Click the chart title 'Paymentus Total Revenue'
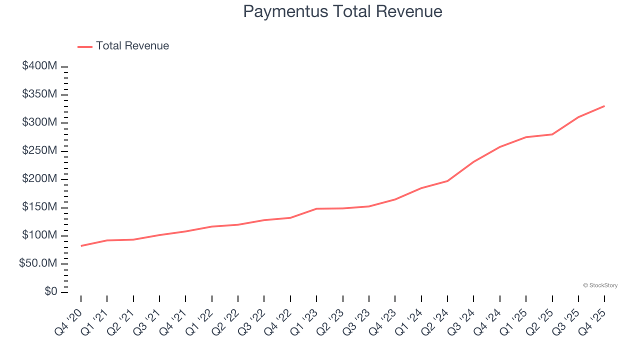pyautogui.click(x=342, y=11)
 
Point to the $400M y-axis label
pyautogui.click(x=39, y=66)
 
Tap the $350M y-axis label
pyautogui.click(x=39, y=94)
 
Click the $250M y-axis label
pyautogui.click(x=39, y=151)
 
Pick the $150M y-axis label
pyautogui.click(x=39, y=207)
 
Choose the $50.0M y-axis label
pyautogui.click(x=38, y=263)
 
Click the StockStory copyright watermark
pyautogui.click(x=600, y=285)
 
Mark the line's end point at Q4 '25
pyautogui.click(x=604, y=106)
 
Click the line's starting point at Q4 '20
pyautogui.click(x=81, y=245)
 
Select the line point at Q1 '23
pyautogui.click(x=316, y=208)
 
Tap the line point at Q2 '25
pyautogui.click(x=552, y=134)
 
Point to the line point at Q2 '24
pyautogui.click(x=447, y=180)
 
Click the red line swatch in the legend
pyautogui.click(x=85, y=46)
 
